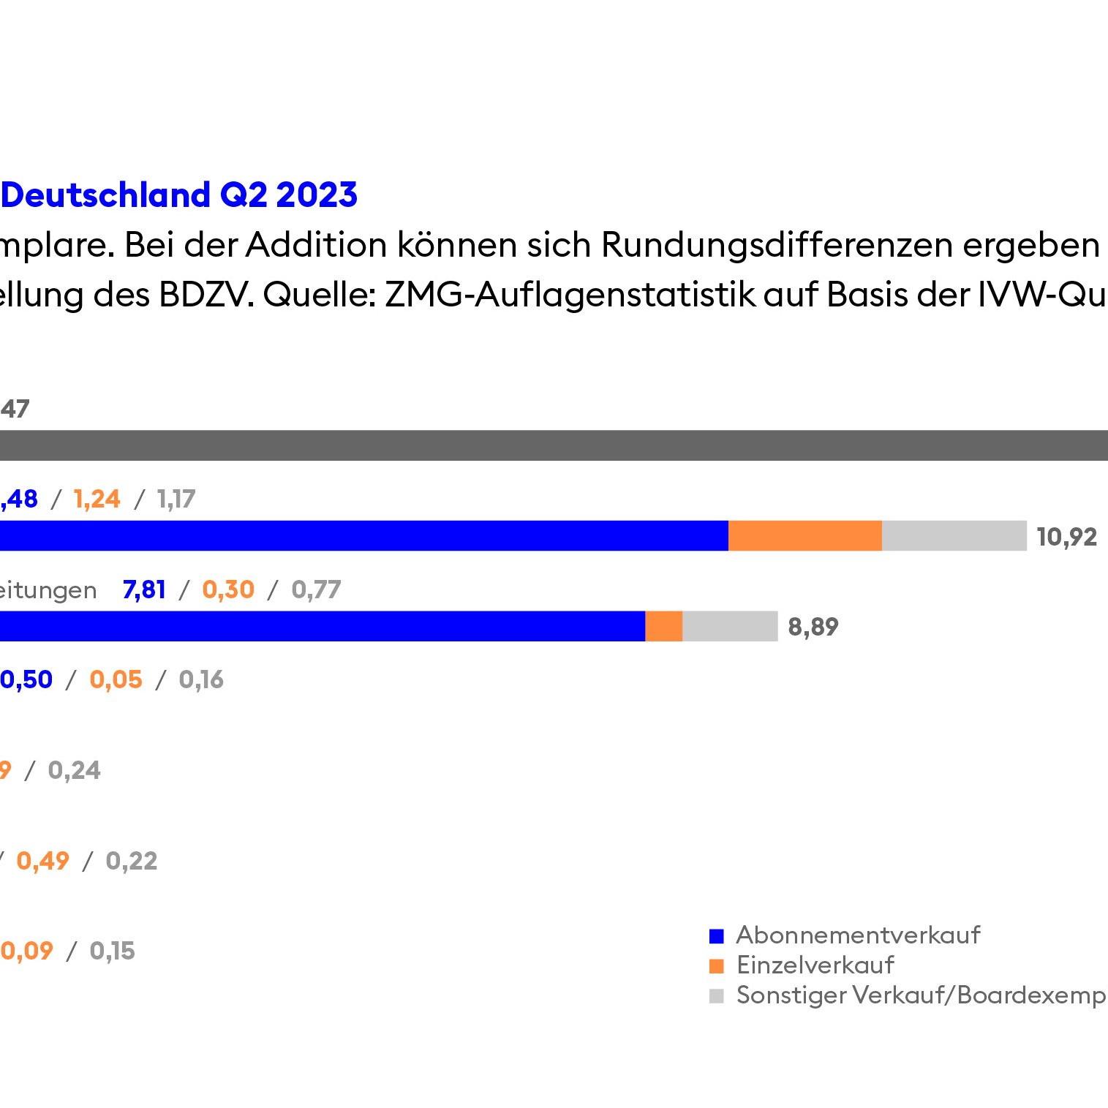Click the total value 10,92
click(x=1066, y=537)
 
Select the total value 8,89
click(x=813, y=627)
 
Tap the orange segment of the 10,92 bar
click(x=804, y=536)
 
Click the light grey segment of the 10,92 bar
click(x=954, y=536)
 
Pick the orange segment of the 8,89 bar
click(x=663, y=627)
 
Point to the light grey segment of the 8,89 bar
click(x=729, y=627)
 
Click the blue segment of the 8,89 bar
click(x=322, y=627)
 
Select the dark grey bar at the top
click(x=554, y=445)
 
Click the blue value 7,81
click(x=144, y=589)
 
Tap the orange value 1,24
click(x=97, y=500)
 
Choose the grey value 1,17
click(x=176, y=500)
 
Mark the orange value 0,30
click(x=228, y=589)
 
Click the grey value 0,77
click(x=316, y=589)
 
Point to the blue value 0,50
click(x=26, y=680)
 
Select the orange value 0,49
click(x=42, y=861)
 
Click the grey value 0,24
click(x=74, y=770)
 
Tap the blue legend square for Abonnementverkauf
click(x=717, y=936)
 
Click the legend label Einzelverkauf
click(x=815, y=965)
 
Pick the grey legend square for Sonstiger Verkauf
click(x=717, y=996)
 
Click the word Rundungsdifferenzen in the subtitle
click(x=777, y=245)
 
